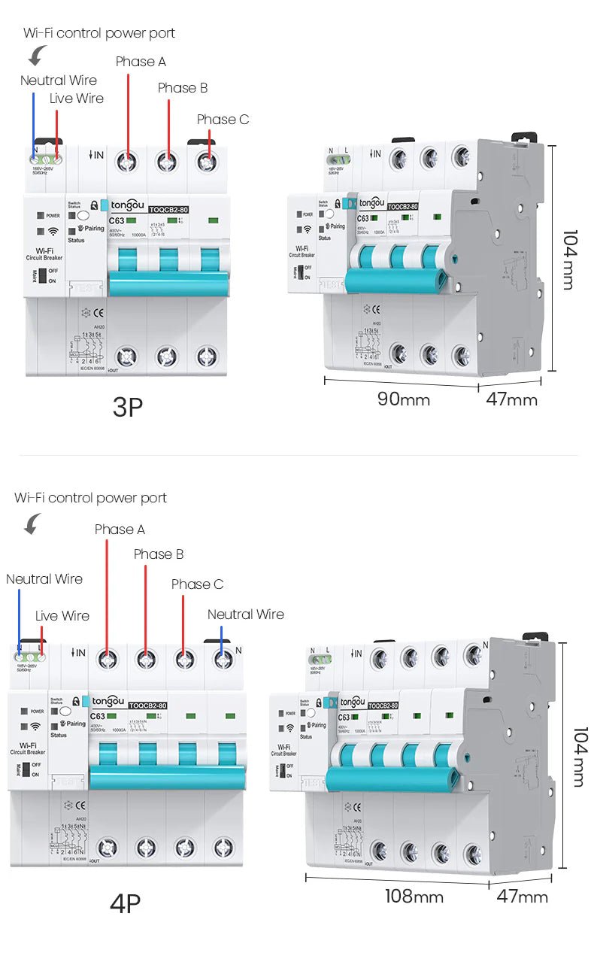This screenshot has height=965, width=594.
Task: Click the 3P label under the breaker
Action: [127, 407]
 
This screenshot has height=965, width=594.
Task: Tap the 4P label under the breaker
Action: [125, 903]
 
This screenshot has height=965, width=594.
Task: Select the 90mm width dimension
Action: [403, 399]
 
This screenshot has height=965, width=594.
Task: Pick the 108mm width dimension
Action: [414, 897]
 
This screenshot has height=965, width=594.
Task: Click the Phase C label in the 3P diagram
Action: [223, 120]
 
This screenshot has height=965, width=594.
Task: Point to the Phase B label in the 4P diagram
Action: [159, 554]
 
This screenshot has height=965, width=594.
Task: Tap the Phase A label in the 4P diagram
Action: [120, 530]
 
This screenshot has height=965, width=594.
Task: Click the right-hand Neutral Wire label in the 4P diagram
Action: [245, 615]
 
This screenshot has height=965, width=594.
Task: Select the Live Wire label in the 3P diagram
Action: [77, 99]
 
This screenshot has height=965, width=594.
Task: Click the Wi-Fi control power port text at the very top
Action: [99, 33]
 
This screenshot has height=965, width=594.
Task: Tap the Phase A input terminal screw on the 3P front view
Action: [127, 161]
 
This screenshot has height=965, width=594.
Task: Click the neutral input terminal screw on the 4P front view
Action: [222, 660]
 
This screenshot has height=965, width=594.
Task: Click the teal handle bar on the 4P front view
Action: [167, 777]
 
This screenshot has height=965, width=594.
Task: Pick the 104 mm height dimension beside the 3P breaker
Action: [568, 259]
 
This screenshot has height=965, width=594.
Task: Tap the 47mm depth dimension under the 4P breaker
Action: [522, 897]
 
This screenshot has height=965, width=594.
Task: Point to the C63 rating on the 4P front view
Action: [98, 716]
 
